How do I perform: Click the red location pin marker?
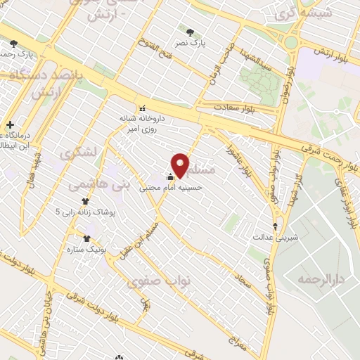click(x=181, y=165)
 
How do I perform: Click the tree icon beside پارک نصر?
click(x=191, y=32)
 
